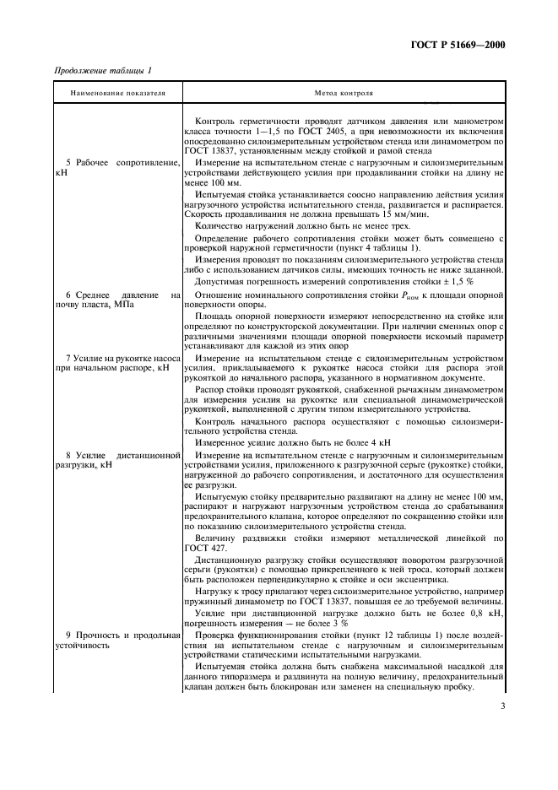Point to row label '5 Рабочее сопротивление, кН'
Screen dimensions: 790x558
(x=117, y=166)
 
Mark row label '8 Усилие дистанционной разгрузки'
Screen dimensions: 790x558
(x=117, y=460)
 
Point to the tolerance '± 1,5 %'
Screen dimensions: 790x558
(x=454, y=280)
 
